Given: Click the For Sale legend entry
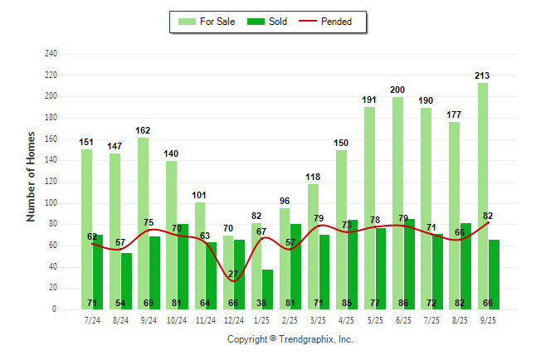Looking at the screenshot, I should click(207, 22).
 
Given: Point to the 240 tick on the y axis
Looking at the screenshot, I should click(51, 54).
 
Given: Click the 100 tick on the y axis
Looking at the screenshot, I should click(51, 203).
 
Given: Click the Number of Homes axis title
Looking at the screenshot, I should click(32, 176).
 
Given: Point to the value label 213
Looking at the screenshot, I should click(482, 75).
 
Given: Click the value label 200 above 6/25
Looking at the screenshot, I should click(397, 90).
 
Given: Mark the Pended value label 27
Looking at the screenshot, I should click(233, 274).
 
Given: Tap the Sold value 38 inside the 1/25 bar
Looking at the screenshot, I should click(261, 304).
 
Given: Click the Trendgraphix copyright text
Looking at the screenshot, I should click(290, 339).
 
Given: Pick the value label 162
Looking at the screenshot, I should click(143, 130).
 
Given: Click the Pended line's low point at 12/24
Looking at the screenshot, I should click(233, 281).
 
